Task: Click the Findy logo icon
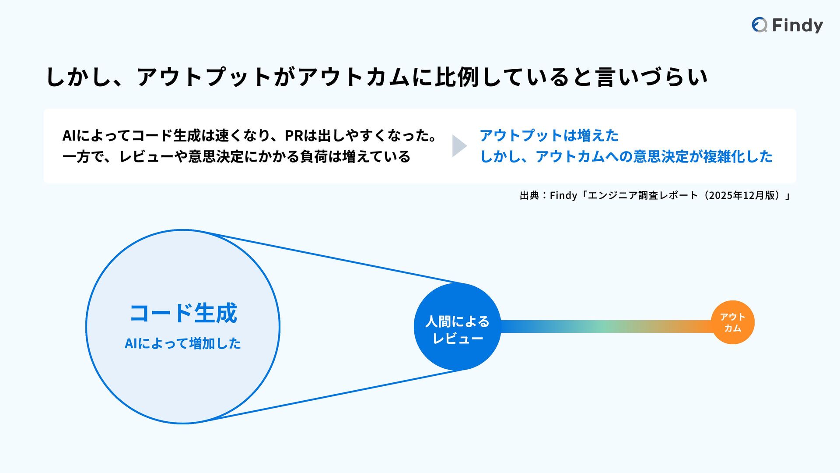[759, 25]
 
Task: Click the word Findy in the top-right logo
[797, 25]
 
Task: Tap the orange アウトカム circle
[733, 322]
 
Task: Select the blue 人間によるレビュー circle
[457, 327]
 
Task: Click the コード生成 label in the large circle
[183, 314]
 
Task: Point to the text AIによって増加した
[183, 343]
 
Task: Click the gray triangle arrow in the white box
[458, 146]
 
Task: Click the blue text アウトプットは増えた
[549, 136]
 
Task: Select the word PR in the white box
[294, 136]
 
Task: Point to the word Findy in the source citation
[563, 195]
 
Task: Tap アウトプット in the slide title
[205, 77]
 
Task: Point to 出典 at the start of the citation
[529, 195]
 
